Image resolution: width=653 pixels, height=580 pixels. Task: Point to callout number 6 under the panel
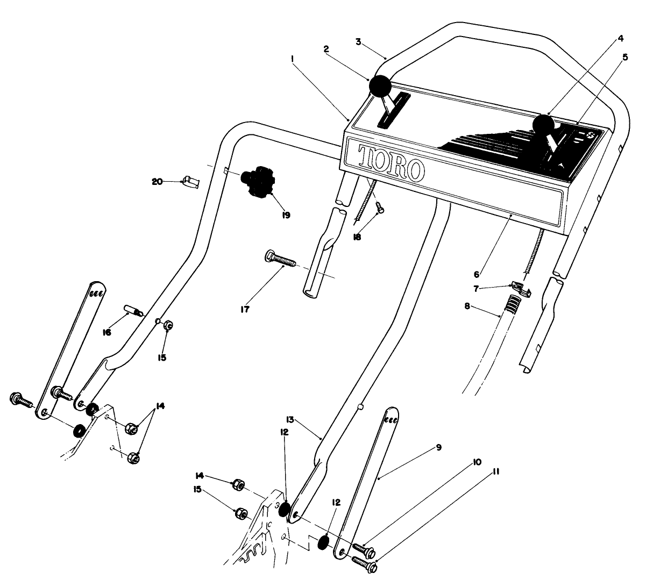pos(477,274)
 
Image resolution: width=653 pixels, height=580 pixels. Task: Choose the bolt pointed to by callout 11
pos(364,562)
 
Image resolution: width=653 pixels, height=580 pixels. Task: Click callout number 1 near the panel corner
pos(292,61)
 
